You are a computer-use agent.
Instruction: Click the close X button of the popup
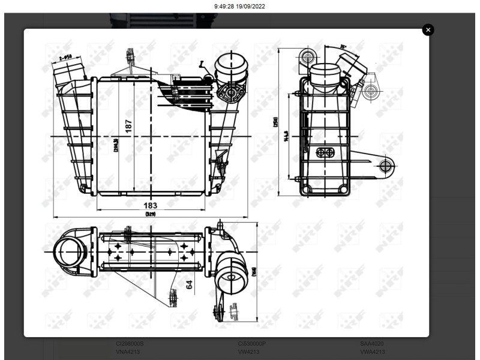coord(428,29)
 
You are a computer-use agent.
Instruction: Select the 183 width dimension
coord(151,205)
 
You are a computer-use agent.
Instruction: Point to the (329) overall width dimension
coord(150,214)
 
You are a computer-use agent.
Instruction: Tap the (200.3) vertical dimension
coord(115,145)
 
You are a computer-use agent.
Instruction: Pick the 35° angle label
coord(343,46)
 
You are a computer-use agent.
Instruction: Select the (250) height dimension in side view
coord(275,122)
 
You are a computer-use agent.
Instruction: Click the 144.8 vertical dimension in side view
coord(287,137)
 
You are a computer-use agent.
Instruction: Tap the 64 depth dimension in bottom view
coord(190,284)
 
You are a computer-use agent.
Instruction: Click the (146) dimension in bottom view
coord(254,271)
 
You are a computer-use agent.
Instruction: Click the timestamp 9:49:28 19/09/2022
coord(239,6)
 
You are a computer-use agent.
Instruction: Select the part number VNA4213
coord(128,352)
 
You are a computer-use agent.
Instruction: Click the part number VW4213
coord(248,352)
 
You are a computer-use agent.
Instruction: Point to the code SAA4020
coord(372,344)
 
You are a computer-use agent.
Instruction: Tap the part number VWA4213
coord(372,352)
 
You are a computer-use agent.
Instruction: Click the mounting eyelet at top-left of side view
coord(308,58)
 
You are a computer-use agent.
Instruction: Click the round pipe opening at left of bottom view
coord(67,250)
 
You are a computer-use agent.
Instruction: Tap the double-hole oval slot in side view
coord(325,152)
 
